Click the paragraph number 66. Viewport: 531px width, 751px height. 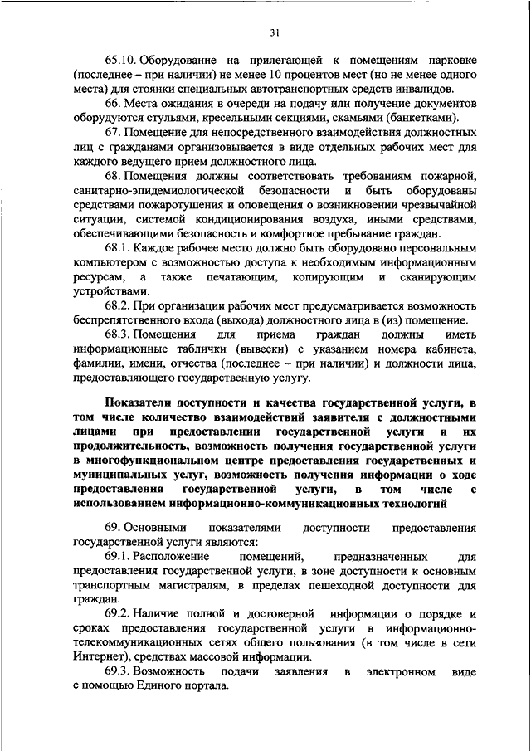(x=113, y=104)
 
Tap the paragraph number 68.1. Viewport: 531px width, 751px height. (x=117, y=247)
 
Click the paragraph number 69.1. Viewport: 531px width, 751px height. (x=117, y=557)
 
